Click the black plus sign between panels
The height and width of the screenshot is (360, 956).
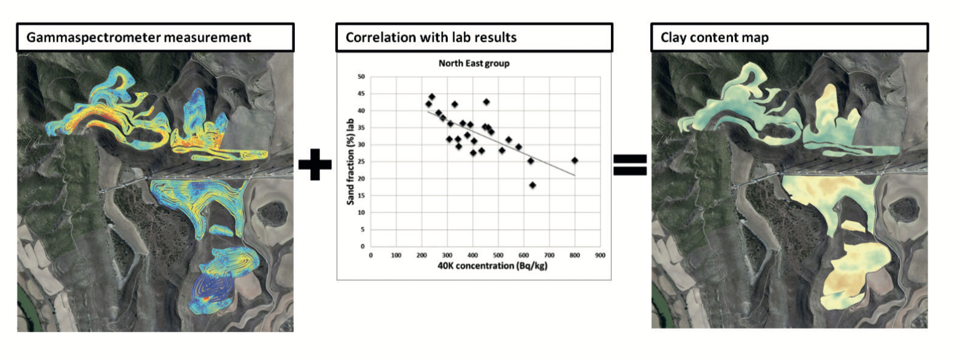coord(315,164)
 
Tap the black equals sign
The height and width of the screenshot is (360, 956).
coord(630,164)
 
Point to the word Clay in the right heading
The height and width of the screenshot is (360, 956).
coord(673,37)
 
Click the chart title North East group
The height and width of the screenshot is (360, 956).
coord(474,63)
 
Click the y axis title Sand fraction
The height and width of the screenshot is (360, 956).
coord(350,161)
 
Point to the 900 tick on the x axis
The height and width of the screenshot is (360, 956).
coord(599,256)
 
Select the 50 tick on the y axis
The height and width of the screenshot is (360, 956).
coord(361,77)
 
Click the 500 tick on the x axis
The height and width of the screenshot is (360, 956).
coord(498,256)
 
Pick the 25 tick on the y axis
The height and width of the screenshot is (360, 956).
coord(361,162)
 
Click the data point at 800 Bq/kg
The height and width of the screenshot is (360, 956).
coord(575,161)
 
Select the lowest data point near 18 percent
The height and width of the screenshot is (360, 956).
coord(532,185)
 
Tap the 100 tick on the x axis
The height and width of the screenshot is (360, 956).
coord(396,256)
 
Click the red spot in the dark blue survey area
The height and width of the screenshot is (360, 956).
coord(207,299)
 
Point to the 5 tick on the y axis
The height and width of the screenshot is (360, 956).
coord(363,230)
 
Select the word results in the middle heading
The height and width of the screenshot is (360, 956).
coord(494,37)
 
